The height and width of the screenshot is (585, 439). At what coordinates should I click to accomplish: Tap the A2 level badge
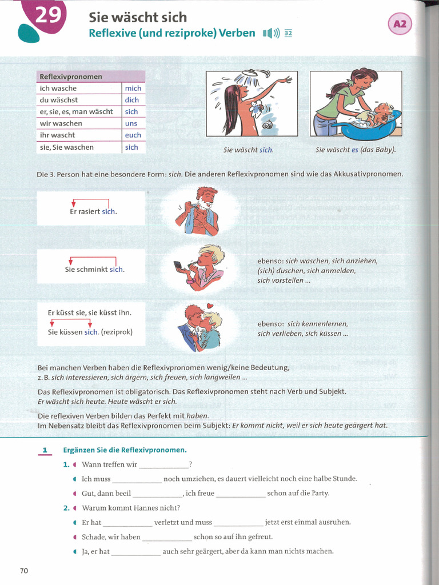click(x=400, y=24)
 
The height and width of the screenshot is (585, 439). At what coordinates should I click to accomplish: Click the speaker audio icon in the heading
click(x=271, y=33)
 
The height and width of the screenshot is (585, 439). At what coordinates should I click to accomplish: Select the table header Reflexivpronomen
click(x=71, y=77)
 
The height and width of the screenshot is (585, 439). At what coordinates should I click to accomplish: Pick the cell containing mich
click(x=133, y=89)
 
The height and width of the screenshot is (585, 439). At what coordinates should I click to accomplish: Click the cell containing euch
click(x=133, y=135)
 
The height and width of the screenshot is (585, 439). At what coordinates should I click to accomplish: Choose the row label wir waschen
click(x=61, y=123)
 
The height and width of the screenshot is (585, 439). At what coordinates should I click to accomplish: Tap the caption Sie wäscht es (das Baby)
click(x=356, y=150)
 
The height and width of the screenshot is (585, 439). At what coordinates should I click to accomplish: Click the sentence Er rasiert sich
click(x=93, y=212)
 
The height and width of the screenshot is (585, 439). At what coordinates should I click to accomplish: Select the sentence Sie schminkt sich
click(x=94, y=270)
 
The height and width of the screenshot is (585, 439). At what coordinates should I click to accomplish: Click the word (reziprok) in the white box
click(x=117, y=332)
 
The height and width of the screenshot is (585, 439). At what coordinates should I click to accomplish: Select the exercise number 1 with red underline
click(x=44, y=450)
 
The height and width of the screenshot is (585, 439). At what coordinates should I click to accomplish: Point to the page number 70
click(x=24, y=570)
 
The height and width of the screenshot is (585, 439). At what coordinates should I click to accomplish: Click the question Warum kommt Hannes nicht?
click(x=131, y=508)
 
